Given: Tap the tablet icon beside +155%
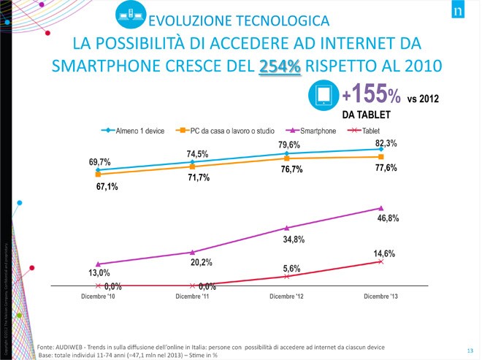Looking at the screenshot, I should pos(323,94).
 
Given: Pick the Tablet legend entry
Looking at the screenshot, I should pos(365,131).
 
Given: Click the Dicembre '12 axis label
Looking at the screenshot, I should pos(287,296).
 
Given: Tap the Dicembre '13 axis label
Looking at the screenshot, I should pos(381,296).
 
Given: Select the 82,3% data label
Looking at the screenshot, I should pos(386,144).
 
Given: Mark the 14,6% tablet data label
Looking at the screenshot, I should pos(384,253).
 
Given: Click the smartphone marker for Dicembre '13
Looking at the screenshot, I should pos(381,208).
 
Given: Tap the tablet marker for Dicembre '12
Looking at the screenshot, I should pos(287,277).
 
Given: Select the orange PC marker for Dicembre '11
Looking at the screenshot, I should pos(192,166).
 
